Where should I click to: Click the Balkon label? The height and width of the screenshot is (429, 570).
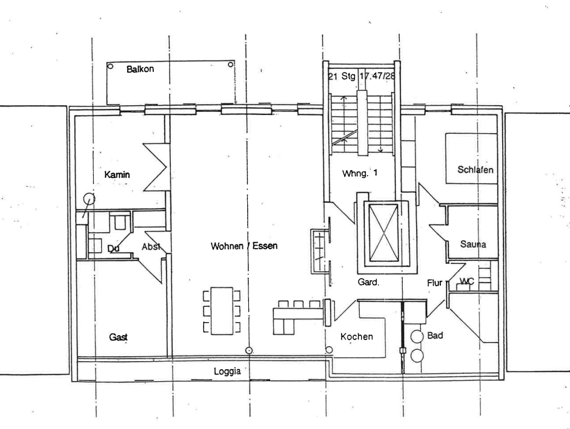(140, 68)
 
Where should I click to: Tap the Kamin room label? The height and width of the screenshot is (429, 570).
(117, 175)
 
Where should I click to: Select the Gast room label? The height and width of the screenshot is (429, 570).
(118, 337)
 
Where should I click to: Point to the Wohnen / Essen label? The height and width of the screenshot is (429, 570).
(244, 246)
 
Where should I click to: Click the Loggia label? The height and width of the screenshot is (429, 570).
(227, 372)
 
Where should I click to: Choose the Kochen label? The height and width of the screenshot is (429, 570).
(357, 337)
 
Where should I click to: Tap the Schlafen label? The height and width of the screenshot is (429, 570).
(475, 169)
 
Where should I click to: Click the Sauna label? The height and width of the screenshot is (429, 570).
(473, 244)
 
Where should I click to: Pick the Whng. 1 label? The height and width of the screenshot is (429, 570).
(360, 173)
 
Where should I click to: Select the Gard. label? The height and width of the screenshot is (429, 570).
(368, 282)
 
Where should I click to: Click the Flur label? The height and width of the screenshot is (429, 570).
(434, 283)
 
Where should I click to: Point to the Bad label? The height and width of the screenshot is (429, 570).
(435, 335)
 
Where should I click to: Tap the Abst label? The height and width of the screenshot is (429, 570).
(150, 247)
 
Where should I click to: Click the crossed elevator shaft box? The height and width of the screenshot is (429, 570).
(383, 232)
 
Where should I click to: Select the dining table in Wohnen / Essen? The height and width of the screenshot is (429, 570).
(222, 311)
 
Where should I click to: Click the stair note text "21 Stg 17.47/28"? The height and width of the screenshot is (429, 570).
(362, 76)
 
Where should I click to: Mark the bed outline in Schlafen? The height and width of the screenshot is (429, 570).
(471, 159)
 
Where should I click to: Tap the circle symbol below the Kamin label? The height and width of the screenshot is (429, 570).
(89, 198)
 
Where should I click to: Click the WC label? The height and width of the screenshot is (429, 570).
(467, 281)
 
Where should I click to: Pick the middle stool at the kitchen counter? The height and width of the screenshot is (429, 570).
(299, 304)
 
